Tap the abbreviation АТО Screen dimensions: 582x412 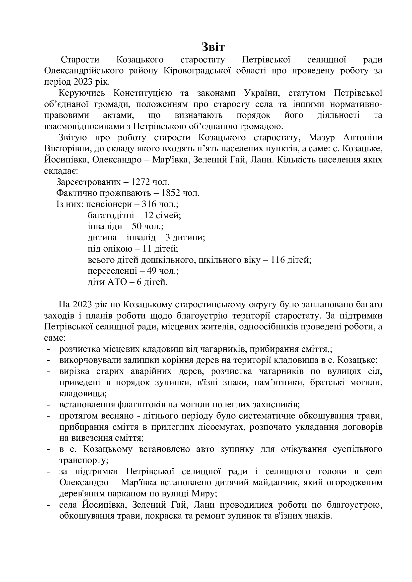117,282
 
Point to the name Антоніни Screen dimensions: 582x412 363,138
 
